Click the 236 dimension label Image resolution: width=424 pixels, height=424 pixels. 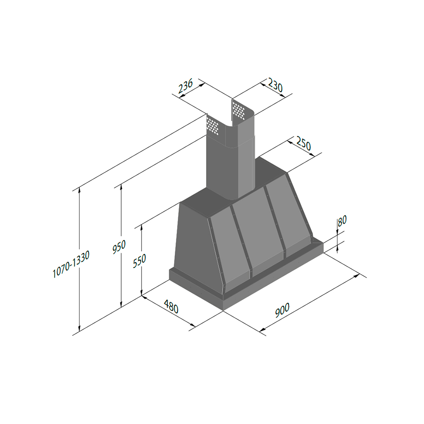tap(186, 86)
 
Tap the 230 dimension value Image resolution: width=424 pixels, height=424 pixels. tap(275, 85)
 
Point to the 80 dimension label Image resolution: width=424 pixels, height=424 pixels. tap(342, 220)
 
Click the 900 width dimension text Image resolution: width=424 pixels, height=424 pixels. tap(282, 310)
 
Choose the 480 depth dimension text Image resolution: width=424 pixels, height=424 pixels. tap(171, 307)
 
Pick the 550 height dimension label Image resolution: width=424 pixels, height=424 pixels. tap(139, 261)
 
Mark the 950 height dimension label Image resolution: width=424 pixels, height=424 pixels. tap(119, 247)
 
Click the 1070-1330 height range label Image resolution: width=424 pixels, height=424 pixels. tap(71, 264)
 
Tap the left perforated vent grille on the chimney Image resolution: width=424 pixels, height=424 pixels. tap(212, 126)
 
